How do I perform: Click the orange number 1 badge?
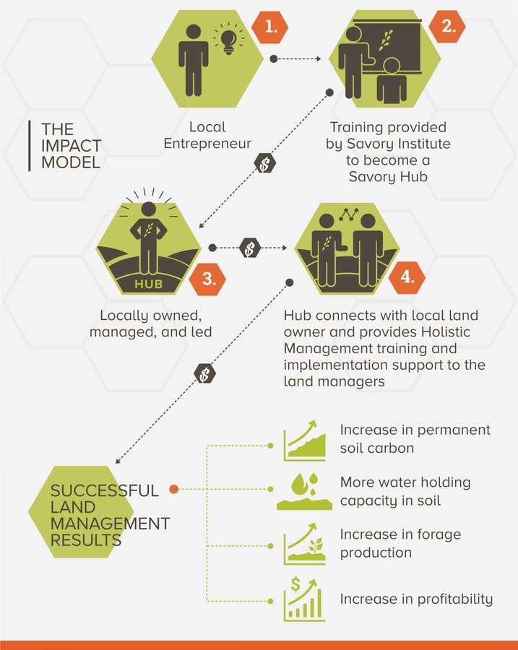point(270,27)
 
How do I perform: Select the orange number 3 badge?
point(208,279)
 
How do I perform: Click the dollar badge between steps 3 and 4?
point(249,248)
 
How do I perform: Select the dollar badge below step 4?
point(205,373)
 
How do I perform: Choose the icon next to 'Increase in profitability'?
point(304,599)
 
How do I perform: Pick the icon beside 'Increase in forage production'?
point(304,546)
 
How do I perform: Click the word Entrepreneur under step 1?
point(207,143)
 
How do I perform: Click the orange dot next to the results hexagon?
point(173,489)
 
